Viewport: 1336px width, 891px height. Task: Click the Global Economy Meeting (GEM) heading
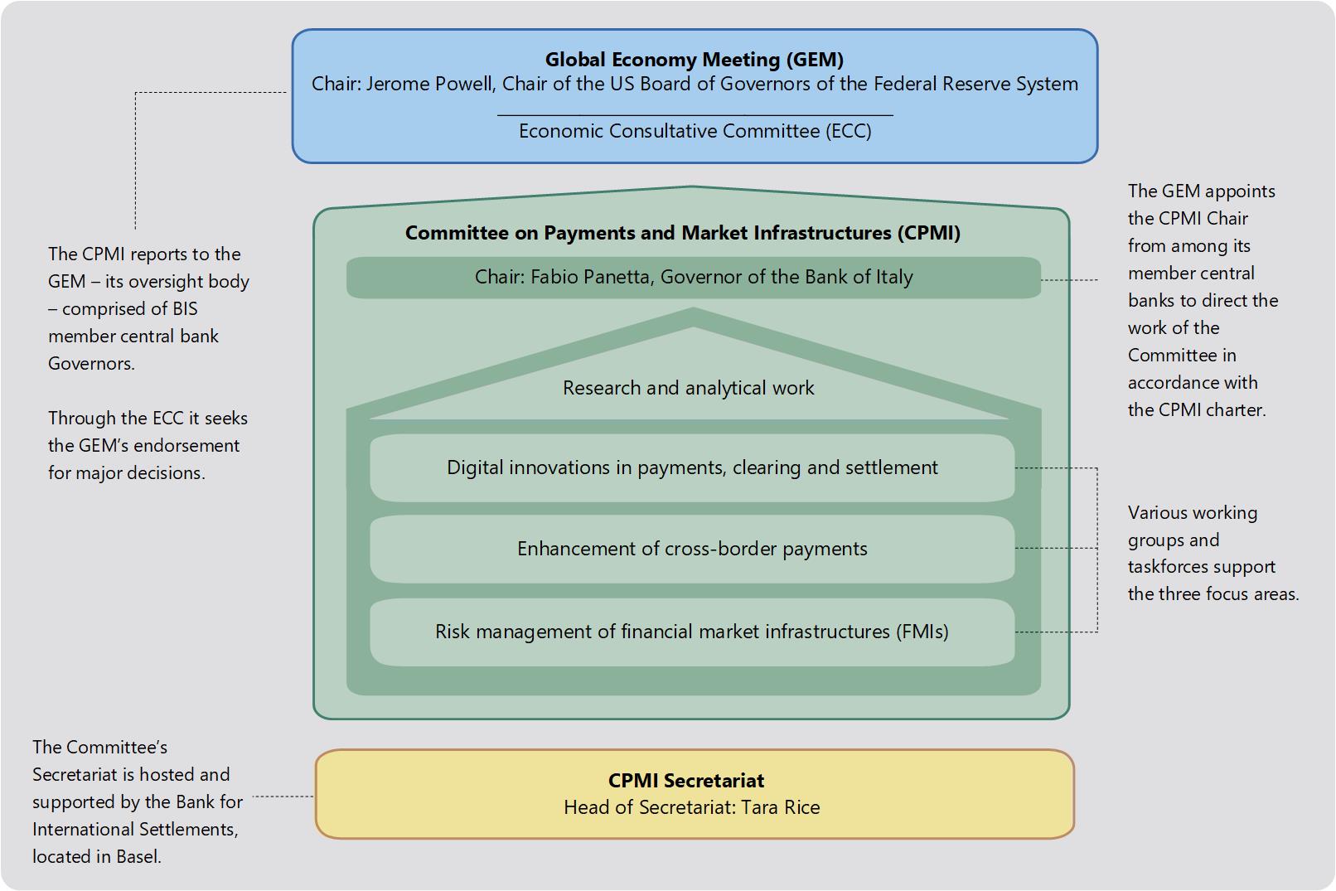[x=694, y=60]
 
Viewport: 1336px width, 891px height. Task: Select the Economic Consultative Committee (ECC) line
[x=695, y=131]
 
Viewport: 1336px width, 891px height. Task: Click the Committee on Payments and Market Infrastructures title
[x=682, y=233]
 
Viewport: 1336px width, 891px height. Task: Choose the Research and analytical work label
[x=688, y=388]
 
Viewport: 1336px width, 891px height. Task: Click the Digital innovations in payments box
[x=692, y=467]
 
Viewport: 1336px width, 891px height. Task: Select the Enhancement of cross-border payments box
[x=692, y=549]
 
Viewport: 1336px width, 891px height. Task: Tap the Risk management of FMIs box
[x=692, y=632]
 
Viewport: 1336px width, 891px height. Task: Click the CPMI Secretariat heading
[x=686, y=781]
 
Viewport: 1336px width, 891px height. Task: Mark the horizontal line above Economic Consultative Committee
[x=695, y=115]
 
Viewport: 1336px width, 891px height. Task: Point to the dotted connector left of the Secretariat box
[x=283, y=797]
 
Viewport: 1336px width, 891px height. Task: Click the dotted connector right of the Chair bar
[x=1069, y=280]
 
